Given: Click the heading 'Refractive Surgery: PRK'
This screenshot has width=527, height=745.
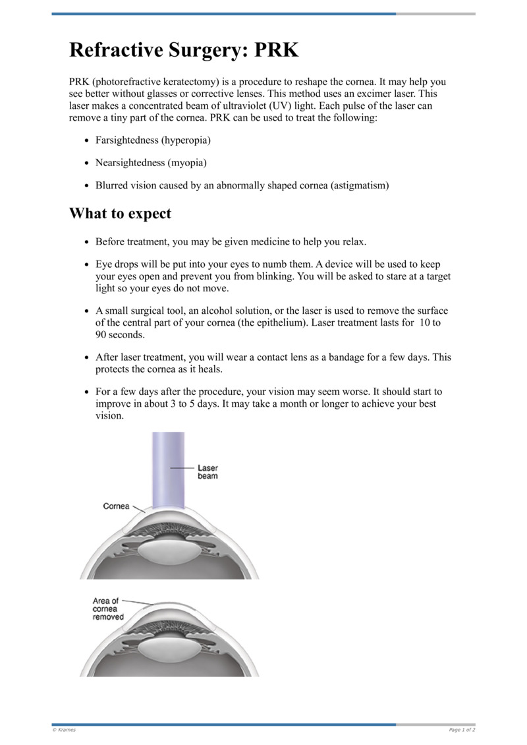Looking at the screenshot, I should pyautogui.click(x=184, y=49).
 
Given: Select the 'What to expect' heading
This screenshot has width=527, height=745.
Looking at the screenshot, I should pyautogui.click(x=120, y=214).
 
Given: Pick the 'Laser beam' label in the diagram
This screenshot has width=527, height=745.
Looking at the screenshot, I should pyautogui.click(x=208, y=471).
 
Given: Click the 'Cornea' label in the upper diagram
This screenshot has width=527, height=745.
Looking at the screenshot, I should pyautogui.click(x=117, y=506).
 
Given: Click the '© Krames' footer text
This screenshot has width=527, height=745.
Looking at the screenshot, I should pyautogui.click(x=64, y=730).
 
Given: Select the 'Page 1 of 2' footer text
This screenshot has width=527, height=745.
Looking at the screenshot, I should pyautogui.click(x=462, y=730).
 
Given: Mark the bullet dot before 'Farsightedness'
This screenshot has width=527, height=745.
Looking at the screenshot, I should pyautogui.click(x=87, y=141).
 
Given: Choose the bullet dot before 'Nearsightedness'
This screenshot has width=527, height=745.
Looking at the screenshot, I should pyautogui.click(x=87, y=164).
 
